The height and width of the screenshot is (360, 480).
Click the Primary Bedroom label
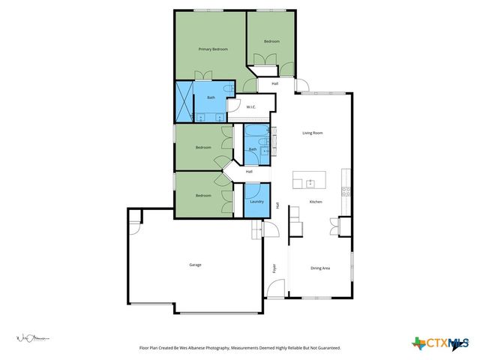coord(213,49)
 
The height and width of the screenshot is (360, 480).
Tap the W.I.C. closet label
coord(252,107)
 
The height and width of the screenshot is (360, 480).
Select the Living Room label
coord(312,133)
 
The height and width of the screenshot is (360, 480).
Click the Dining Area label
coord(320,268)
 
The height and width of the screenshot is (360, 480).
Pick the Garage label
coord(195,265)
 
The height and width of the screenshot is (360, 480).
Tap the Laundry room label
coord(255,202)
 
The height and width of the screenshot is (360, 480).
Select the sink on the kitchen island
coord(309,181)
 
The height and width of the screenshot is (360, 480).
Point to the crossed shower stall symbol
coord(184,102)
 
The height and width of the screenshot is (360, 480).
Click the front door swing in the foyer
coord(277,289)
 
